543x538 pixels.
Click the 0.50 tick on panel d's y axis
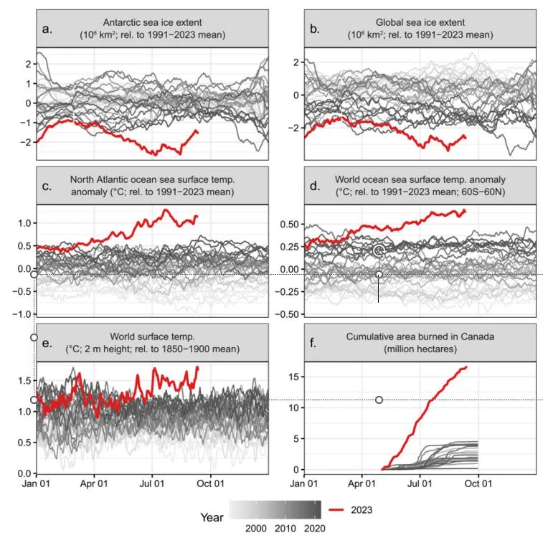click(289, 224)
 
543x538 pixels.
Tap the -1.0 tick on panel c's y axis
click(24, 314)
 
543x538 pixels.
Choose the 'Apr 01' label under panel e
click(94, 483)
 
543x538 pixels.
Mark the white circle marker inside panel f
click(379, 400)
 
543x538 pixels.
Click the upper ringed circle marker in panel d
click(379, 250)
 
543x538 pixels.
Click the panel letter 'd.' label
click(313, 185)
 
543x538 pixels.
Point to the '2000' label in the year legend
click(258, 528)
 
